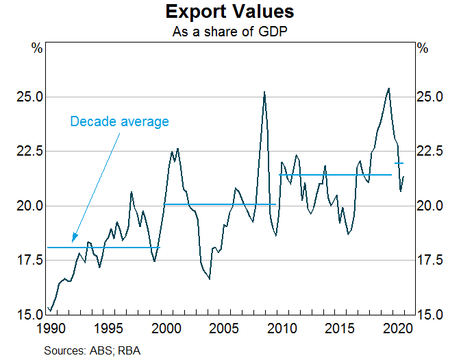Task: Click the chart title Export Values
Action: click(230, 12)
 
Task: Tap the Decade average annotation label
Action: click(119, 121)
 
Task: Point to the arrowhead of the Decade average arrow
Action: click(73, 242)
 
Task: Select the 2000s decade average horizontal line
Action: click(219, 204)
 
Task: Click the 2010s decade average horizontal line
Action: click(336, 175)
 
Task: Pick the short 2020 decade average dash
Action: click(399, 163)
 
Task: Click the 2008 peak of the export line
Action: click(264, 93)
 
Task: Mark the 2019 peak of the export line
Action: click(389, 88)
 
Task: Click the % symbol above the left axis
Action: click(37, 49)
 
